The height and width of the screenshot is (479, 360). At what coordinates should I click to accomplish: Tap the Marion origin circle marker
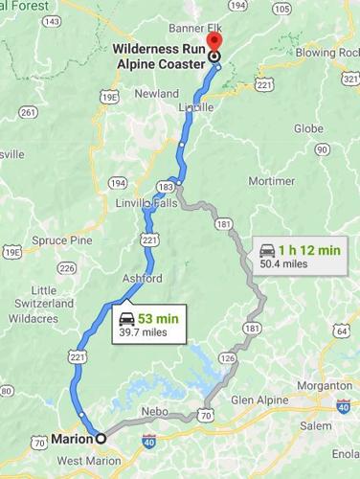[99, 440]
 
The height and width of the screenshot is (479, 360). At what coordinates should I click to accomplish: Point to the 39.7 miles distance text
[143, 332]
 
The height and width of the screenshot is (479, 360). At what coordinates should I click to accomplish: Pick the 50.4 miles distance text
[284, 265]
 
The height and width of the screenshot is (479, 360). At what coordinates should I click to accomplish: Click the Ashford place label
[142, 278]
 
